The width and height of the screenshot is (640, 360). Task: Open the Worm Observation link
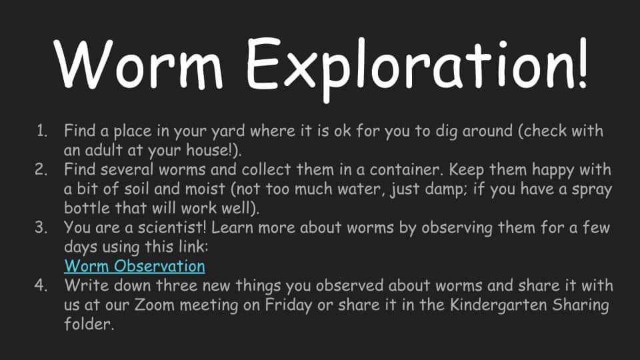[135, 266]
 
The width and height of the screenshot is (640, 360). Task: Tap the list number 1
[41, 131]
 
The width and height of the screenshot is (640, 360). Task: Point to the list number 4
[41, 285]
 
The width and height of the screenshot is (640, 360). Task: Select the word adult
[103, 150]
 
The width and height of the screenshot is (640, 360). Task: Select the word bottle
[87, 208]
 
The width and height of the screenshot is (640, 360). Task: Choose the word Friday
[289, 305]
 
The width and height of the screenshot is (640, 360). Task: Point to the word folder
[88, 324]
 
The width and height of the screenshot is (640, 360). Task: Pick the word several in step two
[127, 169]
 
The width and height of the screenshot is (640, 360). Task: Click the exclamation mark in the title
[582, 63]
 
